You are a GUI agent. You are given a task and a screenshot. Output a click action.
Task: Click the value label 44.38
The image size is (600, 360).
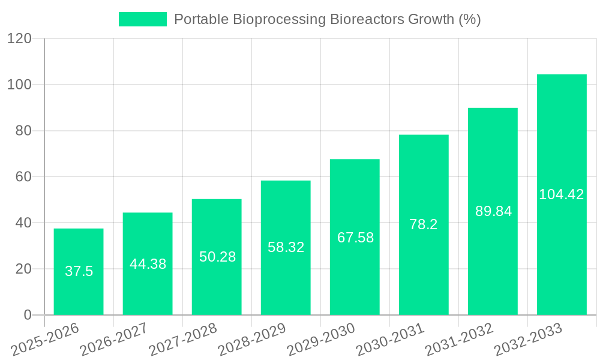tap(148, 264)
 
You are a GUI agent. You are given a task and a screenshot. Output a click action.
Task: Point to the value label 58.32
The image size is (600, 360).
tap(286, 247)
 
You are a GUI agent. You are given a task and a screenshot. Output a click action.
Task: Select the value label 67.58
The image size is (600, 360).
tap(355, 238)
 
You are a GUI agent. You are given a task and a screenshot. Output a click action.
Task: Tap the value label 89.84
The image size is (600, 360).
tap(493, 211)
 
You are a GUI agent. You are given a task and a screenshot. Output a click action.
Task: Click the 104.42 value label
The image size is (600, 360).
tap(562, 194)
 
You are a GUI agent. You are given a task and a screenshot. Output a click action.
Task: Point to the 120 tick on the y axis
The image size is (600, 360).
tap(19, 39)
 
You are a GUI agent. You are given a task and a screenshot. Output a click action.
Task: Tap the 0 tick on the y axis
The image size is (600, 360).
tap(27, 315)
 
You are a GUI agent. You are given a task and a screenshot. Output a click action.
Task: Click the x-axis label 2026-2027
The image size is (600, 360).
tap(114, 339)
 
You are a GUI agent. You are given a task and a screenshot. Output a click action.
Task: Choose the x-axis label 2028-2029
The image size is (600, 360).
tap(252, 339)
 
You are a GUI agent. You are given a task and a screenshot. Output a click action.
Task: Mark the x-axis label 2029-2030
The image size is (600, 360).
tap(321, 339)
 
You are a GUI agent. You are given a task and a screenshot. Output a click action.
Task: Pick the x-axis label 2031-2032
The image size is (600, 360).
tap(459, 339)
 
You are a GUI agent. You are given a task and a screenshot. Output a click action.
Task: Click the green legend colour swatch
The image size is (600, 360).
tap(143, 19)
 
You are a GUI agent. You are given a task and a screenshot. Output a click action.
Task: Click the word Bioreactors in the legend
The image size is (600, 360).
tap(368, 19)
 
